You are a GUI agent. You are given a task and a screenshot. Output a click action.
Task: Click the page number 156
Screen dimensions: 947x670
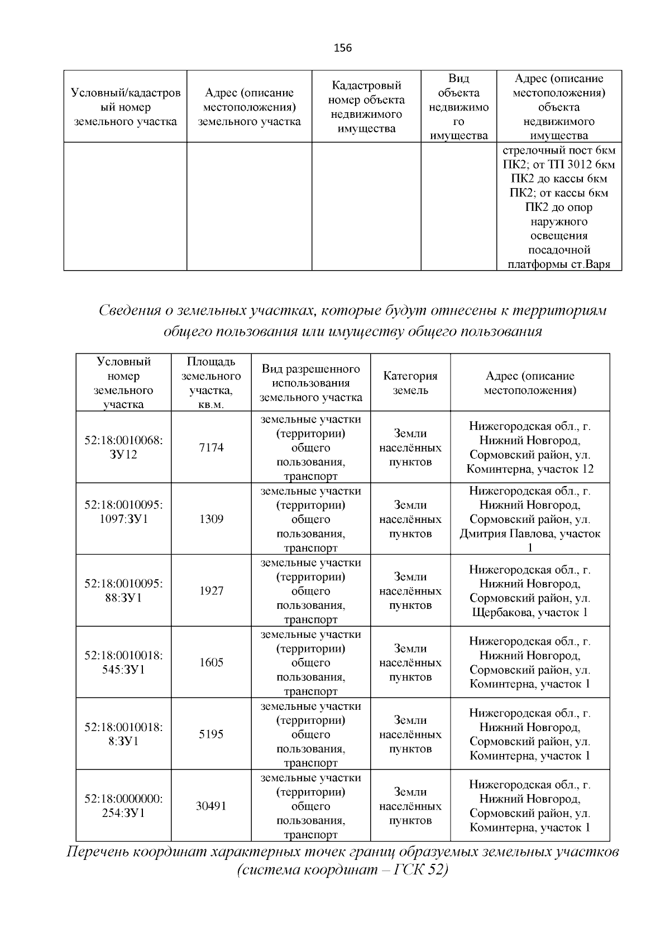(x=343, y=48)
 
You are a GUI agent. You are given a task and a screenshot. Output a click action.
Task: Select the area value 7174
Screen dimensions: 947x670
(x=211, y=448)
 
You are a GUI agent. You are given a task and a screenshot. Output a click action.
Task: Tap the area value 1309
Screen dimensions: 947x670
(x=211, y=519)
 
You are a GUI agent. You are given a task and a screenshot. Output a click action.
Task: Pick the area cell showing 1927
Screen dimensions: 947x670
(x=211, y=591)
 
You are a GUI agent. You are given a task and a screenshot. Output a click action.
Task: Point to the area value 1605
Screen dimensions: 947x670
(x=211, y=662)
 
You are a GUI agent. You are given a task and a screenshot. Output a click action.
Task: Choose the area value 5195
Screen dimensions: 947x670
(x=211, y=734)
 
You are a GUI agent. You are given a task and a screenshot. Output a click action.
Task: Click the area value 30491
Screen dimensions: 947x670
(x=211, y=806)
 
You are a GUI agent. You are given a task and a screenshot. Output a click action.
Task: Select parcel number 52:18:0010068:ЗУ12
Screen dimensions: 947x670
(x=123, y=448)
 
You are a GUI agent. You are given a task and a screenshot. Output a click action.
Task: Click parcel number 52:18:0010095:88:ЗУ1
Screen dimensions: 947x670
(x=123, y=591)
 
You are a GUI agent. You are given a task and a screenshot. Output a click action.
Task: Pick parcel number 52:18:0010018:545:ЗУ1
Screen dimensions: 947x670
(x=123, y=662)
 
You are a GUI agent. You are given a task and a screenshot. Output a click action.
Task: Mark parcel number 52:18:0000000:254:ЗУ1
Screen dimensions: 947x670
(x=123, y=806)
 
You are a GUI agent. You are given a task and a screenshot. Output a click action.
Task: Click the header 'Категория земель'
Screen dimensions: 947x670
(x=410, y=383)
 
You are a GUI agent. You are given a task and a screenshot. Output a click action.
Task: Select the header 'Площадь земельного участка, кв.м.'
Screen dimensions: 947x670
(x=211, y=383)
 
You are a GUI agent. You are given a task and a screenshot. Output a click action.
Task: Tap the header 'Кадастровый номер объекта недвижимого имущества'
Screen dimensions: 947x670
(x=366, y=107)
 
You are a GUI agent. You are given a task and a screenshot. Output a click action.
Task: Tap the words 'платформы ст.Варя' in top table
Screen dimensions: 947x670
(x=559, y=265)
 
